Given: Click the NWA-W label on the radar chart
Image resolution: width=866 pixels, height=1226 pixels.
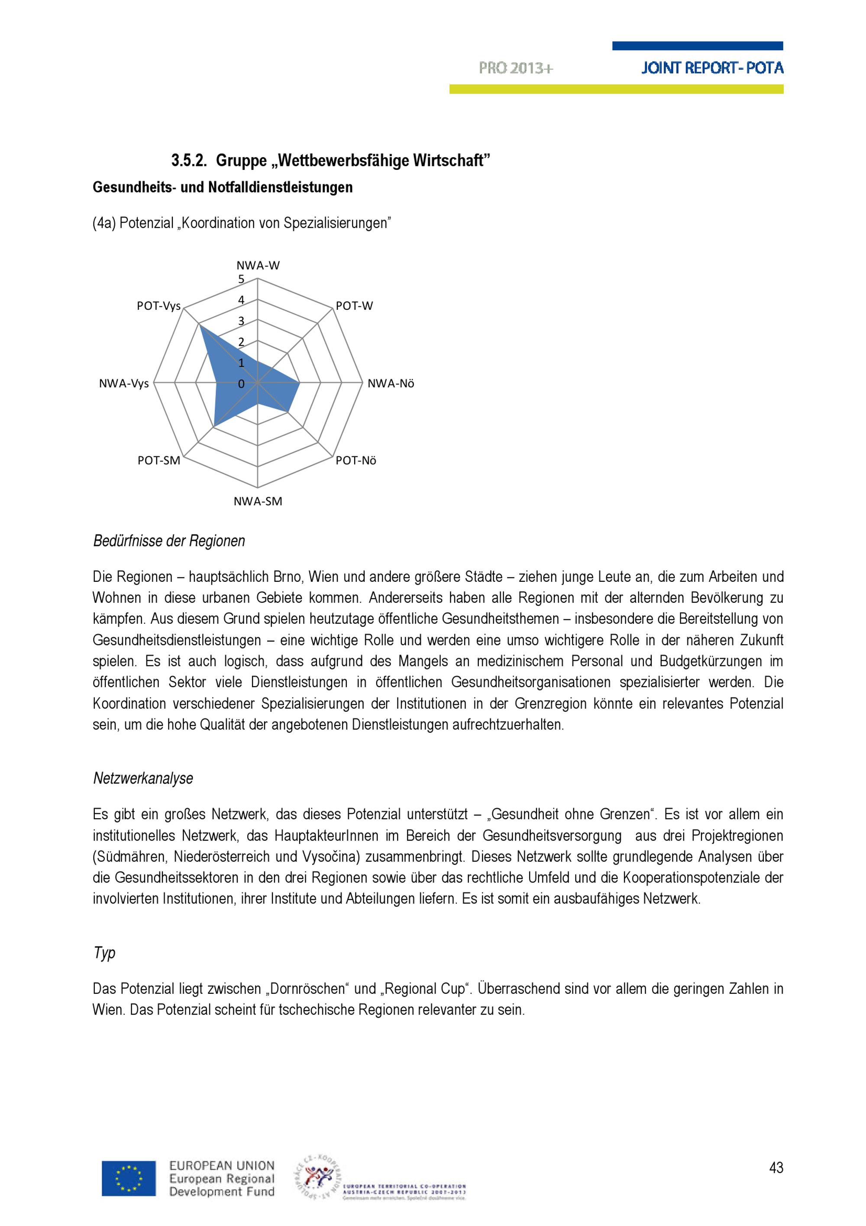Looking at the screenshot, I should [258, 266].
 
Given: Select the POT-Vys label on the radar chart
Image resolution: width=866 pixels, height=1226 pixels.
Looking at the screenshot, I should [158, 306].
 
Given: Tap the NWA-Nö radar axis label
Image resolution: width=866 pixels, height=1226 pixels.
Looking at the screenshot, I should [391, 383].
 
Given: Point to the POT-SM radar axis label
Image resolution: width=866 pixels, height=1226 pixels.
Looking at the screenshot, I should [158, 460].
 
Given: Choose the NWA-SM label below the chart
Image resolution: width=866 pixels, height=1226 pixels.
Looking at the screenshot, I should [258, 501].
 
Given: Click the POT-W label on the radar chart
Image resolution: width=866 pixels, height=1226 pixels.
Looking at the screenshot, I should [354, 306].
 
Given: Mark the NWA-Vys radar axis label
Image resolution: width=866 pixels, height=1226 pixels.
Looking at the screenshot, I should [124, 383].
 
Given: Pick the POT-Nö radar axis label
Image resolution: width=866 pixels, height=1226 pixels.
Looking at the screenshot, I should [356, 460].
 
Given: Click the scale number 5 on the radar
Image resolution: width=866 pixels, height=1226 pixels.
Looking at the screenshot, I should [241, 279].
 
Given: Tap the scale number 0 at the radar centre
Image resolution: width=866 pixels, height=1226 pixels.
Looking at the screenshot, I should [241, 383].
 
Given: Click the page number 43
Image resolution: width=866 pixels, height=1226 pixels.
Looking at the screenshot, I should [776, 1168].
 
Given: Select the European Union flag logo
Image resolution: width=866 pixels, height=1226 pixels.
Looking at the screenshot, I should [129, 1178].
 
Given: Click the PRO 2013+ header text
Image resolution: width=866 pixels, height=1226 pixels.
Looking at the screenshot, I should [515, 68].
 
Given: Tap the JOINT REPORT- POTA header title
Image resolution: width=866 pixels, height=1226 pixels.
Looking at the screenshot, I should [712, 68].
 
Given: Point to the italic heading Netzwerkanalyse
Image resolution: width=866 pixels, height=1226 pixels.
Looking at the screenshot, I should [143, 778].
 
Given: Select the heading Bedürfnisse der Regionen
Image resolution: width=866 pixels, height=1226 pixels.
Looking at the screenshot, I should [168, 541].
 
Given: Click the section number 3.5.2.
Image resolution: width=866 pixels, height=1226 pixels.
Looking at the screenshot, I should [189, 160].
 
